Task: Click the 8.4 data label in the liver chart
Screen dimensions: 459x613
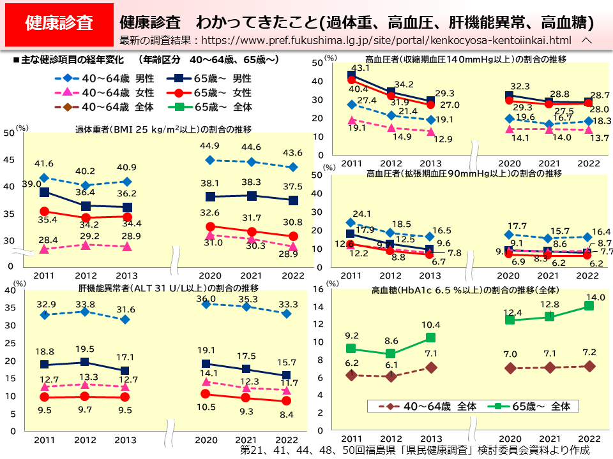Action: click(x=287, y=414)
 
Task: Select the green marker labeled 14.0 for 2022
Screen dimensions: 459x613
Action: click(x=589, y=306)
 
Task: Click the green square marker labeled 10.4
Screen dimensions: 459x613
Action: click(x=430, y=338)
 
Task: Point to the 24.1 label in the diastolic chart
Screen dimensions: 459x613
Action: click(x=361, y=214)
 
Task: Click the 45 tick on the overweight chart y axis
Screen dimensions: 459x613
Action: click(x=8, y=159)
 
